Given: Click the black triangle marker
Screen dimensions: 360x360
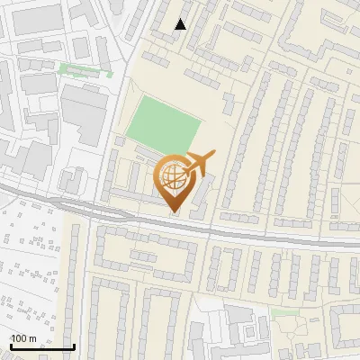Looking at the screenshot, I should point(181,24).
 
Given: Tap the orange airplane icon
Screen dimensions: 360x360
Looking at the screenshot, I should point(197,164).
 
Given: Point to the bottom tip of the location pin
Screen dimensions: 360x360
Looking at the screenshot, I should point(175,212).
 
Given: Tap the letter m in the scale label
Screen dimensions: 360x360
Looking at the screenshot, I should point(32,338).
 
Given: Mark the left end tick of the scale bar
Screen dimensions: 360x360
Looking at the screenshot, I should point(11,346).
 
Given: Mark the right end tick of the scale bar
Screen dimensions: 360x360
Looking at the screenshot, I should point(74,346).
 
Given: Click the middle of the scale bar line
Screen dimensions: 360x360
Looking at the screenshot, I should point(42,347).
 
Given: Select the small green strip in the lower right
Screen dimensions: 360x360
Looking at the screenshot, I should point(285,313).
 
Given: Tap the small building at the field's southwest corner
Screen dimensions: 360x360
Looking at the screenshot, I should point(120,141).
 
